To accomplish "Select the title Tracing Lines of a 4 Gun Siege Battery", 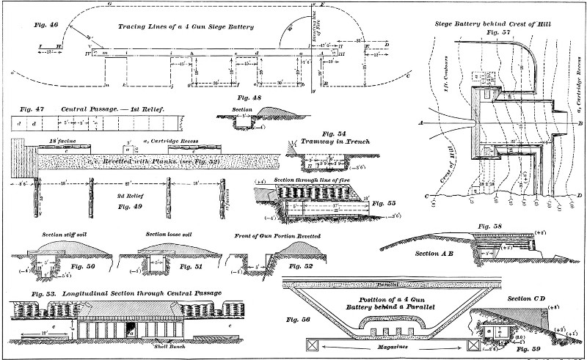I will click(186, 27).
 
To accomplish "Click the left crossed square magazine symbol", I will click(313, 343).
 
